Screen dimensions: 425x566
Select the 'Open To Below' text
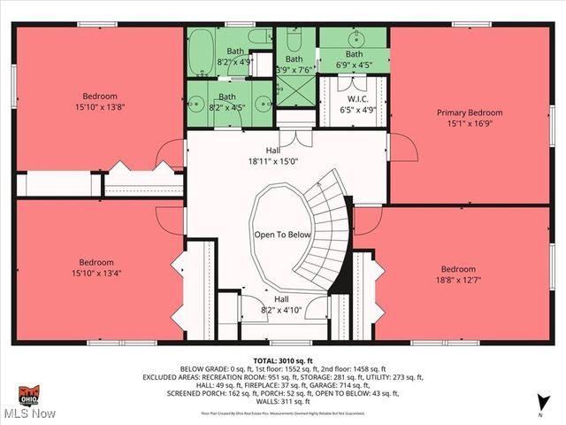282,235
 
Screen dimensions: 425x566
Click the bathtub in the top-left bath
202,46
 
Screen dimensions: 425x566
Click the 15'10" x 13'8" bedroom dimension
100,108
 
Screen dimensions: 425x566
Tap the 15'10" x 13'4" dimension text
96,273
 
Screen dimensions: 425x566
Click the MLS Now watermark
29,413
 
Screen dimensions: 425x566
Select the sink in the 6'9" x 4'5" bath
357,39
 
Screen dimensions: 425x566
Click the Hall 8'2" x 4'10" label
280,305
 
